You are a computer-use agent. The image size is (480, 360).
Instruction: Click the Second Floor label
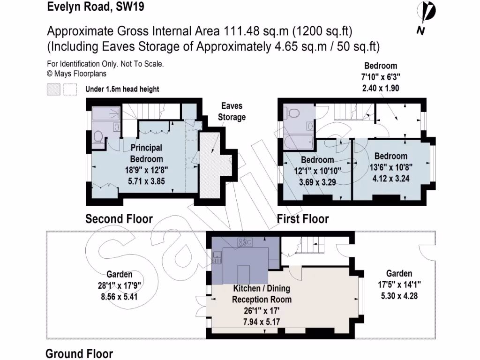pyautogui.click(x=119, y=219)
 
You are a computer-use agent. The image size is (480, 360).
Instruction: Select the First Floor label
pyautogui.click(x=303, y=219)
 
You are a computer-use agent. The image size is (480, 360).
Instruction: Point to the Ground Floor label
pyautogui.click(x=79, y=353)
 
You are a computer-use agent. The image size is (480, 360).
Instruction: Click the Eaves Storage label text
pyautogui.click(x=232, y=112)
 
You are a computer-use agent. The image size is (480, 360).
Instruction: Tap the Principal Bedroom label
pyautogui.click(x=146, y=154)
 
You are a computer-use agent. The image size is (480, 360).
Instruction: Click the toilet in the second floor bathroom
pyautogui.click(x=98, y=136)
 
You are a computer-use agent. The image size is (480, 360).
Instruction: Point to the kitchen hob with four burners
pyautogui.click(x=245, y=242)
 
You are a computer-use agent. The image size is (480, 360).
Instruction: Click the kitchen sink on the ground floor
pyautogui.click(x=217, y=257)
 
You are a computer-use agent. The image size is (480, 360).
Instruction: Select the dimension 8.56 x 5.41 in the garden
pyautogui.click(x=119, y=297)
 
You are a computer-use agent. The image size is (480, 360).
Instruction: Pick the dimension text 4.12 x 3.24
pyautogui.click(x=390, y=179)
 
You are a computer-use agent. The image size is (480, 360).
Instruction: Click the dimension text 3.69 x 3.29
pyautogui.click(x=321, y=182)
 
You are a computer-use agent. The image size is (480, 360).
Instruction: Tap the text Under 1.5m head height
pyautogui.click(x=122, y=89)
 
